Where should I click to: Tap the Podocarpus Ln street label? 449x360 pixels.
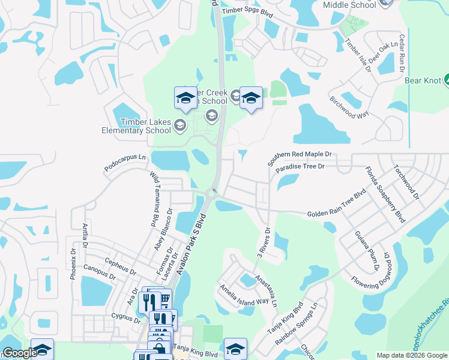tap(125, 164)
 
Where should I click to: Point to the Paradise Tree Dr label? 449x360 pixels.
tap(300, 166)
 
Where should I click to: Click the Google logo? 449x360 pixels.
tap(20, 353)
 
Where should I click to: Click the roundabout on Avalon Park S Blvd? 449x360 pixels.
tap(211, 193)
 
